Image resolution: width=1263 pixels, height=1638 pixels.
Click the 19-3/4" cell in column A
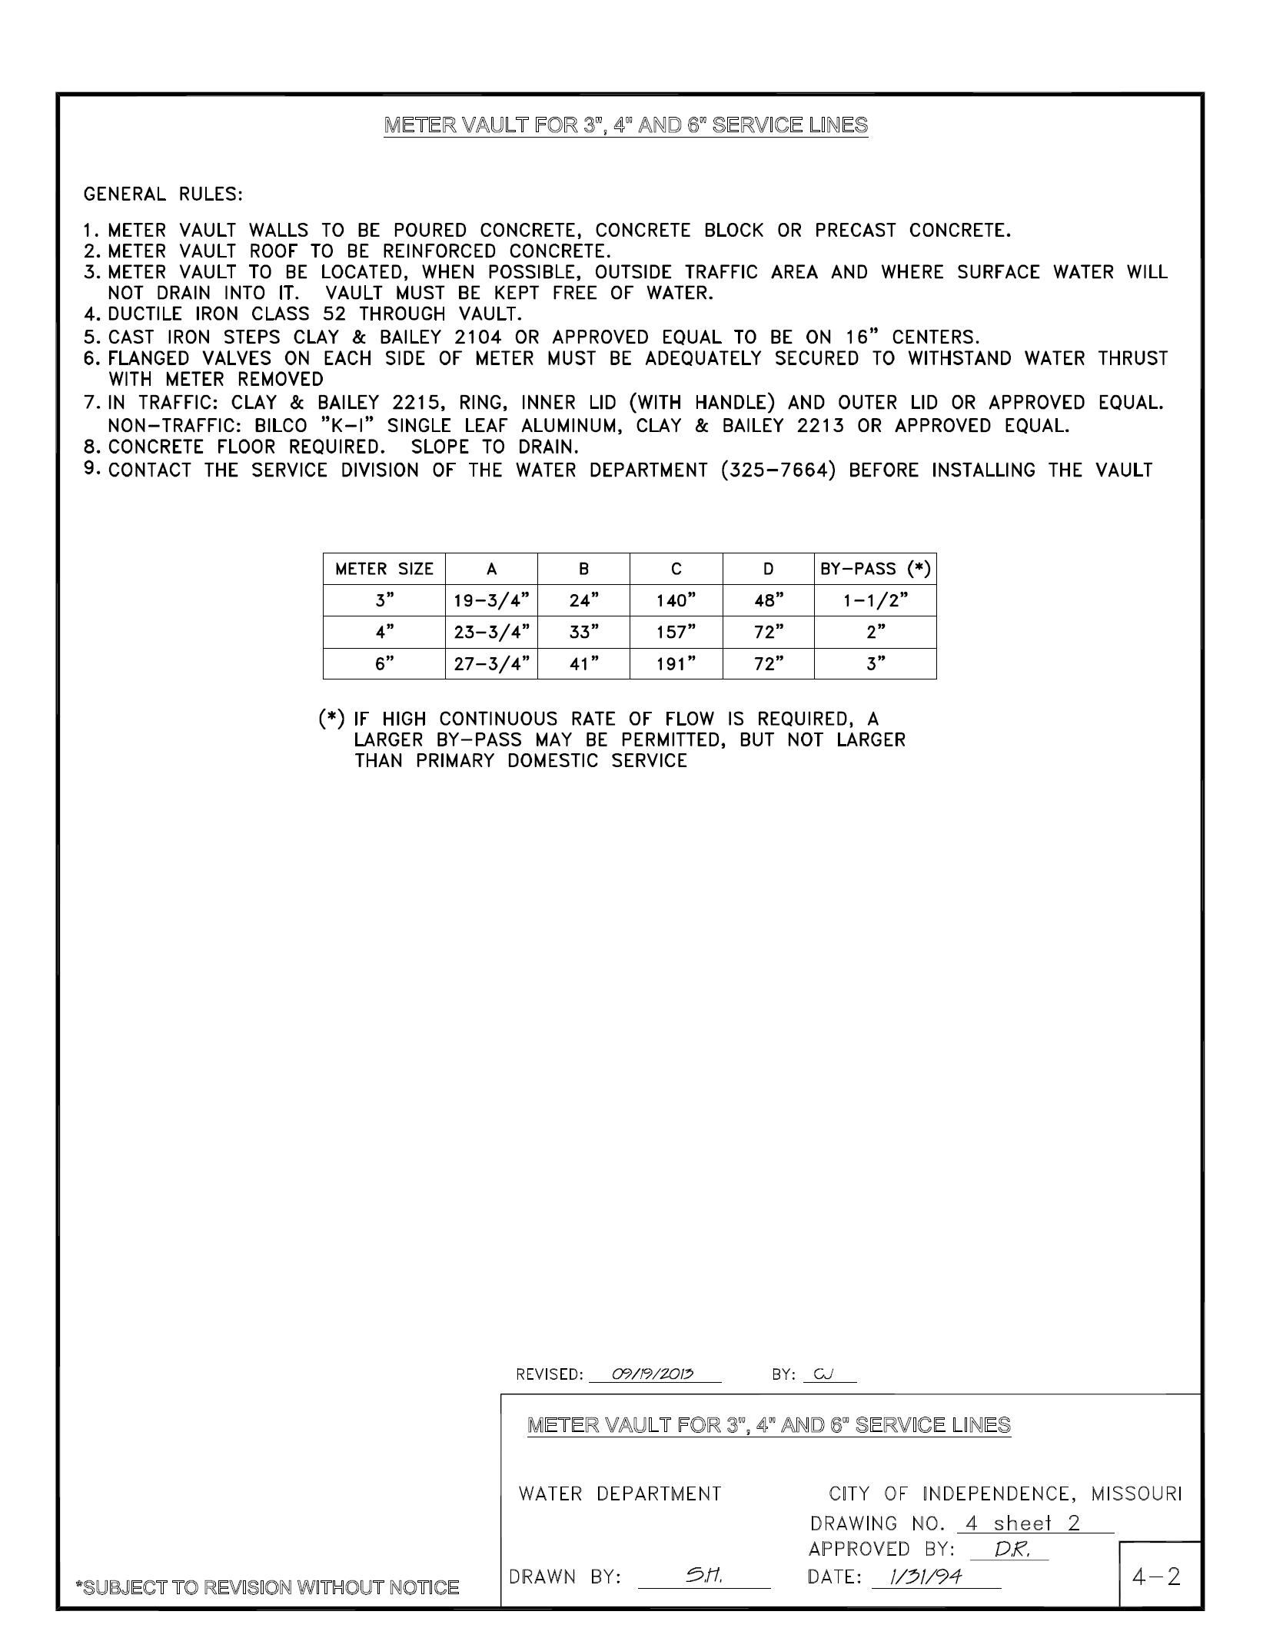click(491, 601)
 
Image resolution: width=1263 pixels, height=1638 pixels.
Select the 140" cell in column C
click(676, 601)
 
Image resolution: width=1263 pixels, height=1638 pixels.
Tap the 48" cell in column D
click(768, 601)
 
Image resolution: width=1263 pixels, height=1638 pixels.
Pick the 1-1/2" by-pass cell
click(875, 601)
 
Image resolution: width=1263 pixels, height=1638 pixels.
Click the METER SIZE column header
click(384, 570)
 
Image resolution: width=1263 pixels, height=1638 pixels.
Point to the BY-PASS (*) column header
click(875, 570)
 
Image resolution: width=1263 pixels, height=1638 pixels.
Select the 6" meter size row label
click(384, 664)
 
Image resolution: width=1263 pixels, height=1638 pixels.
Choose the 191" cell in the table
click(676, 664)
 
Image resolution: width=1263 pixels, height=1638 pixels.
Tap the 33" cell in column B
click(583, 633)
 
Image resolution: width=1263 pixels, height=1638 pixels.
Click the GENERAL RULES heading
click(163, 194)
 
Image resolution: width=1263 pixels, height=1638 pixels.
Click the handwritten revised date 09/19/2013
click(653, 1374)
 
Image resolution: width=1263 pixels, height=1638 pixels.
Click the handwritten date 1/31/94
click(926, 1577)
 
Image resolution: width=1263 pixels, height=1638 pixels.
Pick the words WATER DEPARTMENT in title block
click(620, 1493)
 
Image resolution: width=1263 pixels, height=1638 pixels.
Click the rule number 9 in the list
click(91, 468)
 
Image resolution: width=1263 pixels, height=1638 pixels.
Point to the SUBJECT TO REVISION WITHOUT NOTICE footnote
click(267, 1587)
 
